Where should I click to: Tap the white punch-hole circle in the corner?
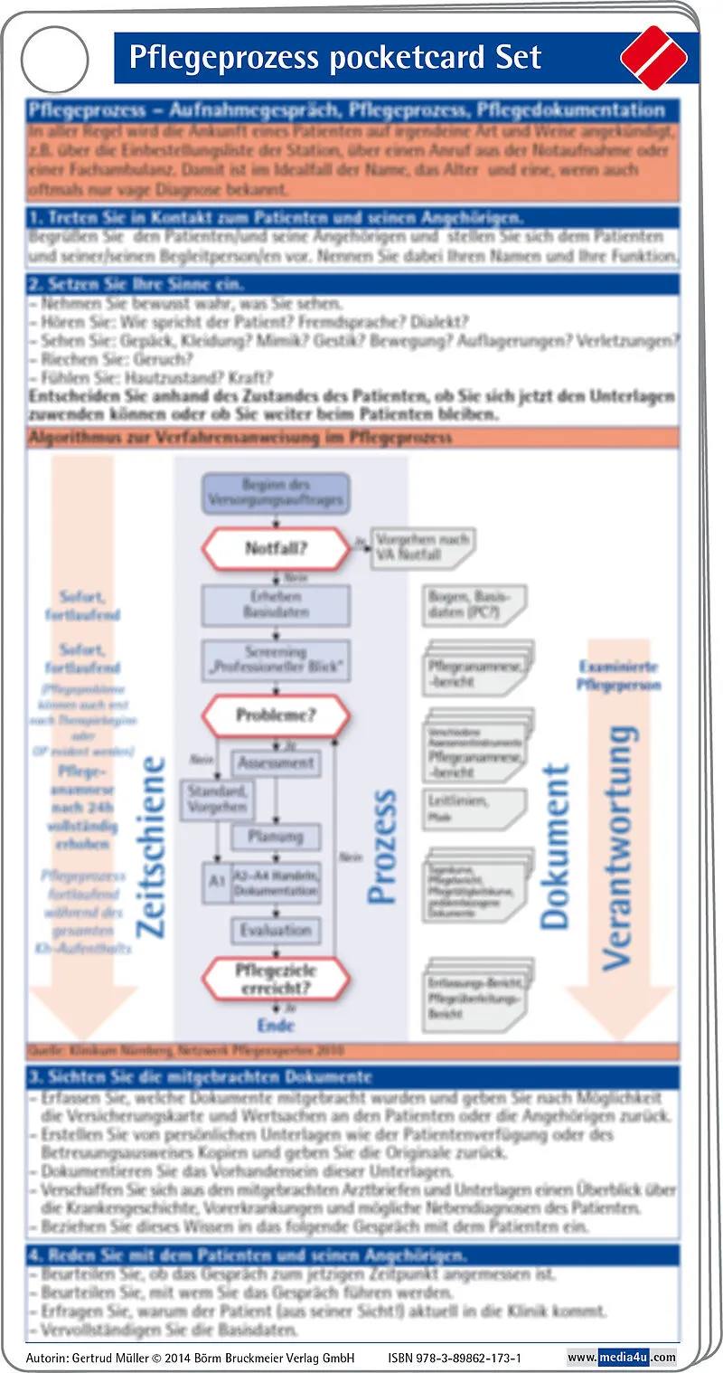click(55, 60)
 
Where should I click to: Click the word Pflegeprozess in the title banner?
click(222, 58)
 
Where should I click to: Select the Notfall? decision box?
click(276, 547)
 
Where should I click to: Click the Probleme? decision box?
click(276, 715)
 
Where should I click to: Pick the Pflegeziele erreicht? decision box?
click(276, 979)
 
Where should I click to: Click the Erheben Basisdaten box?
click(276, 604)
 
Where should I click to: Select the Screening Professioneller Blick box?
click(276, 660)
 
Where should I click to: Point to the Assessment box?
click(275, 763)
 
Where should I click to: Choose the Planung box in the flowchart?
click(275, 837)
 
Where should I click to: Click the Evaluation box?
click(275, 930)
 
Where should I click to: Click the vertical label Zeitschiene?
click(151, 846)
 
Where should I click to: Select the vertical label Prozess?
click(383, 846)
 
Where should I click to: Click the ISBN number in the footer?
click(455, 1358)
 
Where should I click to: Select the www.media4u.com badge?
click(622, 1358)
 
